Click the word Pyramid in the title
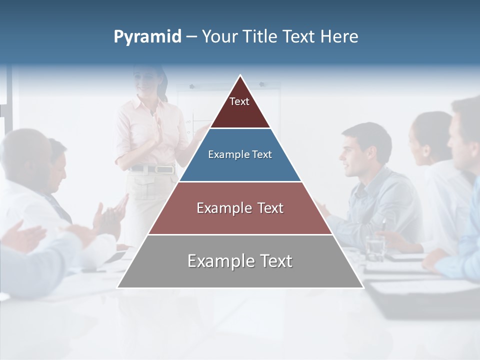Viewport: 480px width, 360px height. click(147, 37)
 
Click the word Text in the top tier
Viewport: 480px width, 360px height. click(239, 101)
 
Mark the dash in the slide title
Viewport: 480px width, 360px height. click(191, 37)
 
